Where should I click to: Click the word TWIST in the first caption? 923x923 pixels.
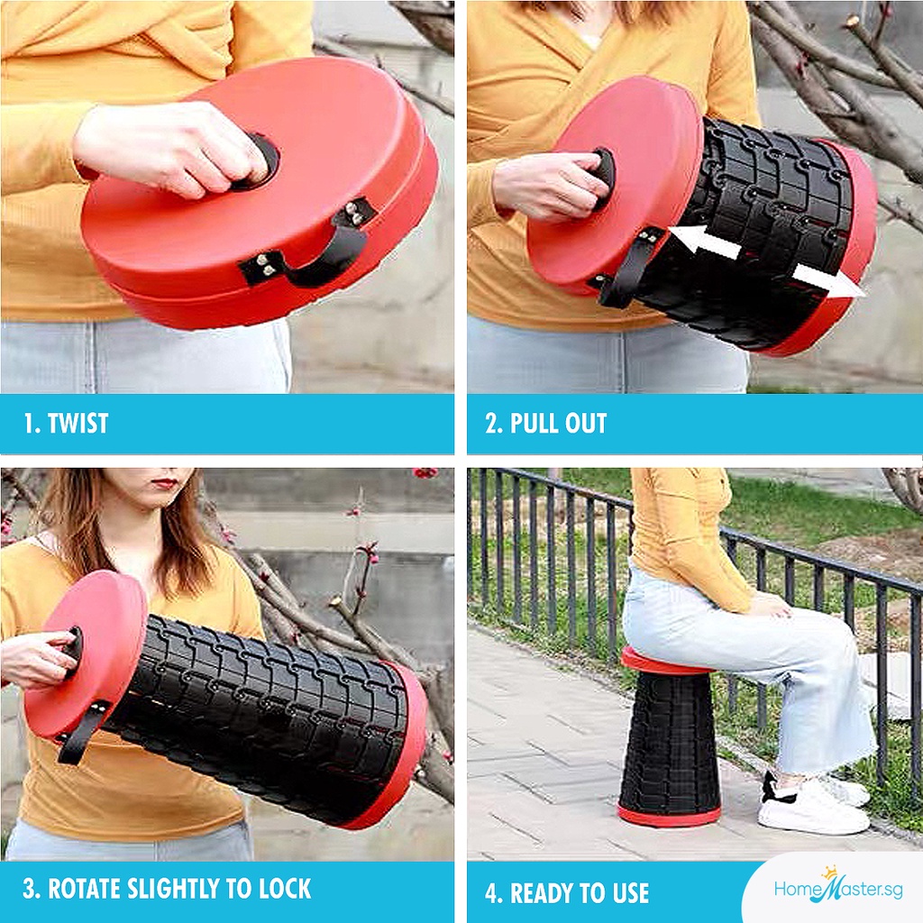coord(78,424)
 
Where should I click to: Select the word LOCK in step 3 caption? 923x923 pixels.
coord(285,889)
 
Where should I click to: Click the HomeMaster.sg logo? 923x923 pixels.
coord(837,887)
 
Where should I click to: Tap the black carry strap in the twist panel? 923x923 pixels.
coord(309,247)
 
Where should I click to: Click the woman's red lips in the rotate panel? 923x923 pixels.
coord(166,484)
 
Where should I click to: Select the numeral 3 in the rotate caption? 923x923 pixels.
coord(29,889)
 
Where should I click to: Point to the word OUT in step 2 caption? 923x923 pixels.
coord(585,424)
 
